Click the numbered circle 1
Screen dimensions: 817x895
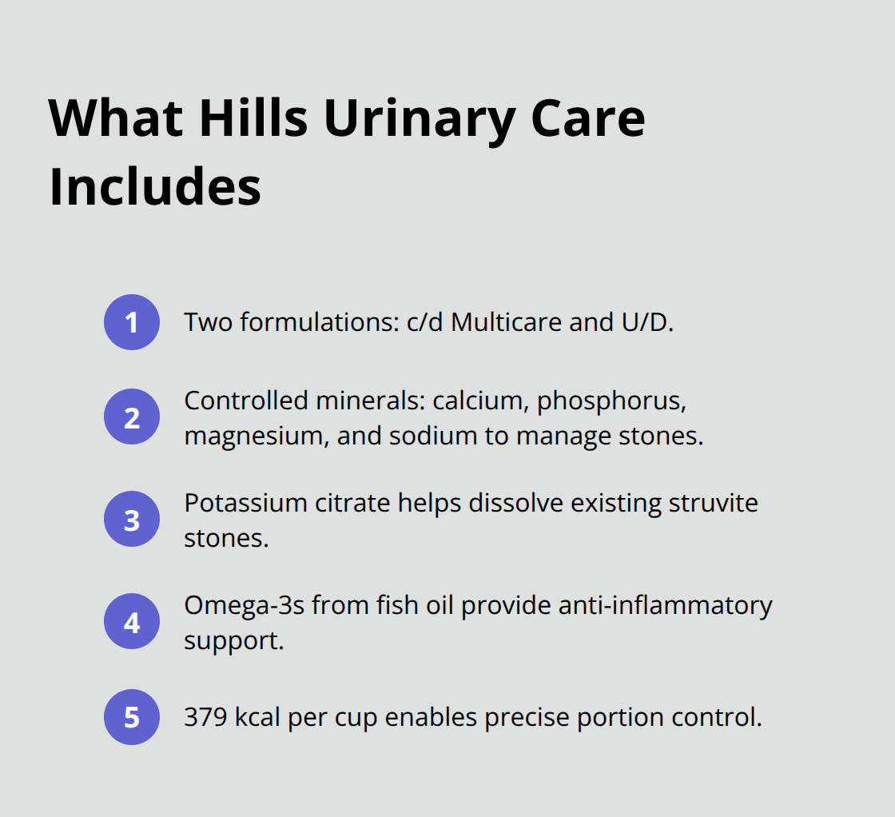[x=132, y=322]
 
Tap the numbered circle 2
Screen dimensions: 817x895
[x=132, y=417]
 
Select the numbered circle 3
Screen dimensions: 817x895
[x=132, y=520]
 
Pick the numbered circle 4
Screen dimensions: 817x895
[x=132, y=622]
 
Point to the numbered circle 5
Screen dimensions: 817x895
[x=132, y=717]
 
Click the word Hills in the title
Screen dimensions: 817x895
[x=253, y=118]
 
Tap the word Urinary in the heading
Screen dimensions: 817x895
[x=413, y=118]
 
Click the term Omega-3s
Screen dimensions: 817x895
[x=244, y=605]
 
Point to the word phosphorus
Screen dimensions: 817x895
[x=611, y=401]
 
